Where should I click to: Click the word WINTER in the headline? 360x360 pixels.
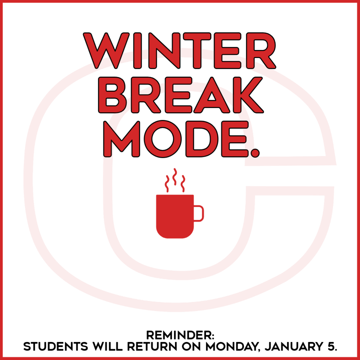coord(179,51)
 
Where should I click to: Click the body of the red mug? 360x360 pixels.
coord(175,215)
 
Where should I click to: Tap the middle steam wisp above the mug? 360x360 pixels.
coord(175,176)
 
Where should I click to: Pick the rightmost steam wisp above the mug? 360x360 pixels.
coord(182,184)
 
